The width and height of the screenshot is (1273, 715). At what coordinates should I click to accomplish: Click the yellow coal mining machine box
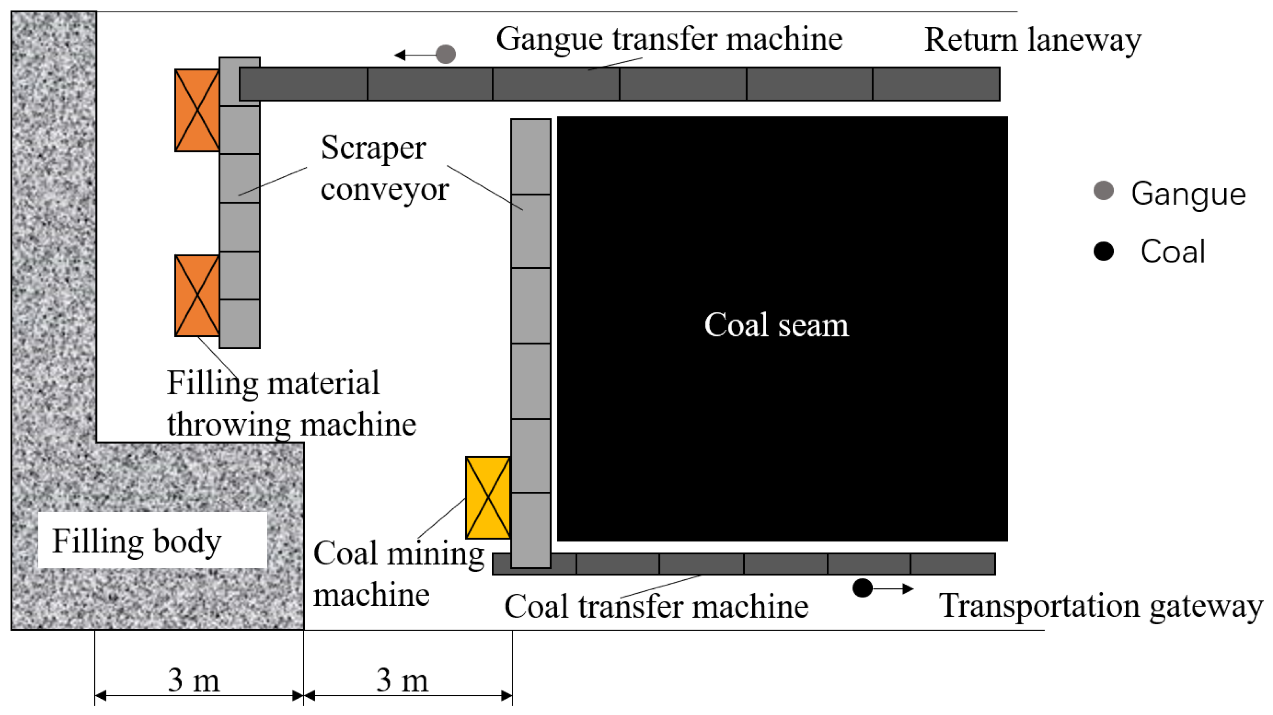coord(488,497)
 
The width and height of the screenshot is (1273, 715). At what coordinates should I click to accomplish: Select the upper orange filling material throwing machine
coord(197,110)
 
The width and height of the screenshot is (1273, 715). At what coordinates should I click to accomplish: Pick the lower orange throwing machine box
coord(197,295)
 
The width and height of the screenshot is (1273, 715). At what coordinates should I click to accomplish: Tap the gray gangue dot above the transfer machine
coord(446,54)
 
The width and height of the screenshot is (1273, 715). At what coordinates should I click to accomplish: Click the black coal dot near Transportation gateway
coord(862,588)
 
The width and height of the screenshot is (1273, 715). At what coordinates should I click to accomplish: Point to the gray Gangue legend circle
coord(1104,191)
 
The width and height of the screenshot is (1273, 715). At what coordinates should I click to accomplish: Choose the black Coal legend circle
coord(1104,251)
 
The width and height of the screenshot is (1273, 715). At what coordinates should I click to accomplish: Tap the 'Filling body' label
coord(137,541)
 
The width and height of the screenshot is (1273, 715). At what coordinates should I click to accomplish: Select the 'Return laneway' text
coord(1033,40)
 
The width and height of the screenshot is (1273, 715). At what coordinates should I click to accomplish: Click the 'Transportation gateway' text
coord(1101,606)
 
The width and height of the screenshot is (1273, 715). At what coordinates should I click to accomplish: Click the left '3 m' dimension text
coord(194,681)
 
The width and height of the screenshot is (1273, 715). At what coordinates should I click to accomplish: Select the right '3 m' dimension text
coord(402,681)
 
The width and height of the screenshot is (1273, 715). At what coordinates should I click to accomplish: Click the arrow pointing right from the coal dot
coord(893,588)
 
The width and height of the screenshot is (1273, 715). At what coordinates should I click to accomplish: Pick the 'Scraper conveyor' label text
coord(384,168)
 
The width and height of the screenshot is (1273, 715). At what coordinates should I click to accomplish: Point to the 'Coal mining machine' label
coord(398,573)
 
